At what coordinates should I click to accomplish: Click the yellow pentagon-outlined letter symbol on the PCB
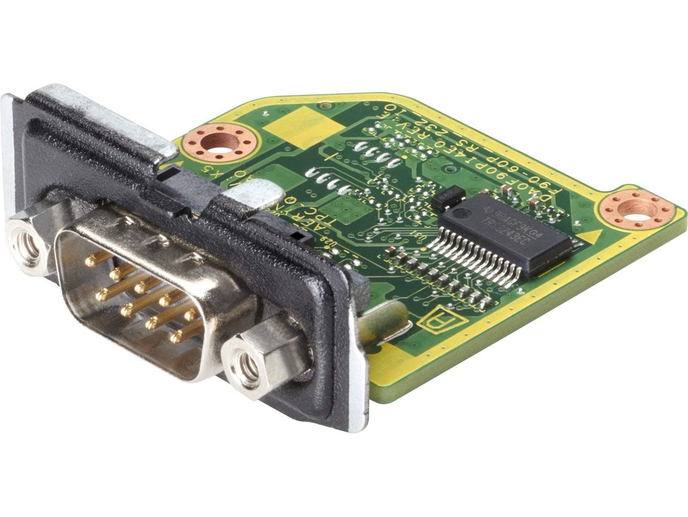click(437, 319)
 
